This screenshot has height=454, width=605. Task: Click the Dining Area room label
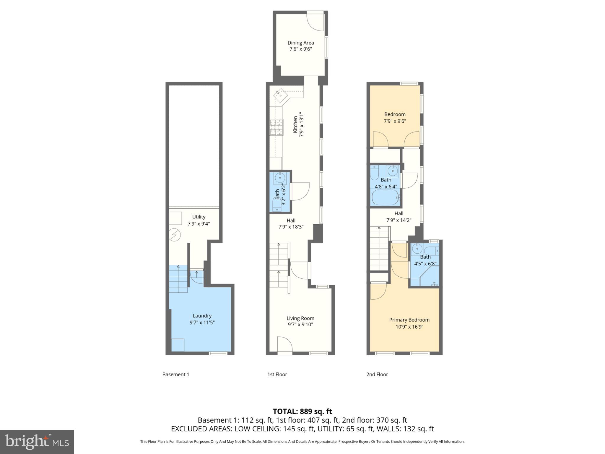pyautogui.click(x=300, y=43)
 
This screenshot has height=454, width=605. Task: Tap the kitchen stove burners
pyautogui.click(x=276, y=127)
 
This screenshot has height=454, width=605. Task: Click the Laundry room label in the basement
pyautogui.click(x=202, y=316)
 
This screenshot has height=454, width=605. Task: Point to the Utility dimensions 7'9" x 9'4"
pyautogui.click(x=199, y=224)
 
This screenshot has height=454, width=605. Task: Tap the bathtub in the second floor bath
pyautogui.click(x=385, y=198)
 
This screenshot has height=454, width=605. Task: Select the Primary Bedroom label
pyautogui.click(x=409, y=320)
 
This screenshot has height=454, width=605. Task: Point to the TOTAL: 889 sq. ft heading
pyautogui.click(x=302, y=411)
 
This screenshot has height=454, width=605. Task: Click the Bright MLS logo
pyautogui.click(x=37, y=442)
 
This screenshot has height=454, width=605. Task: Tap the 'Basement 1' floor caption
pyautogui.click(x=175, y=374)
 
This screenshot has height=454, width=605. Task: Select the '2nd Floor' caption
pyautogui.click(x=377, y=374)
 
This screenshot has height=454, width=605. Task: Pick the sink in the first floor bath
pyautogui.click(x=279, y=178)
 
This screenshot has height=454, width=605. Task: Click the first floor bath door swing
pyautogui.click(x=300, y=191)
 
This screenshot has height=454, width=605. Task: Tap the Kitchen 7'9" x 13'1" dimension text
pyautogui.click(x=301, y=124)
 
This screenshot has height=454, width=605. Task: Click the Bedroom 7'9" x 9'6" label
pyautogui.click(x=395, y=118)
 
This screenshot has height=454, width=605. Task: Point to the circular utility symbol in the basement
pyautogui.click(x=174, y=235)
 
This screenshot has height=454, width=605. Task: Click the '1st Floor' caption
pyautogui.click(x=277, y=374)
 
